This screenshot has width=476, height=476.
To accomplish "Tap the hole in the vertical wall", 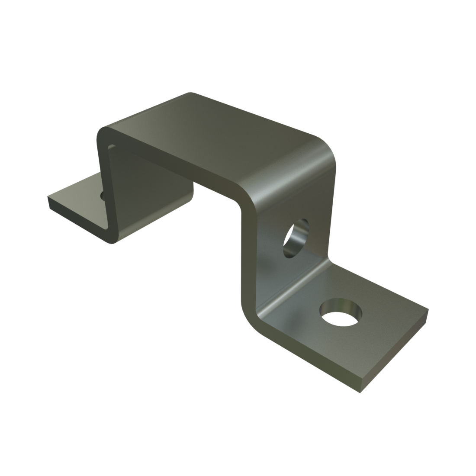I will (x=296, y=237).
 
